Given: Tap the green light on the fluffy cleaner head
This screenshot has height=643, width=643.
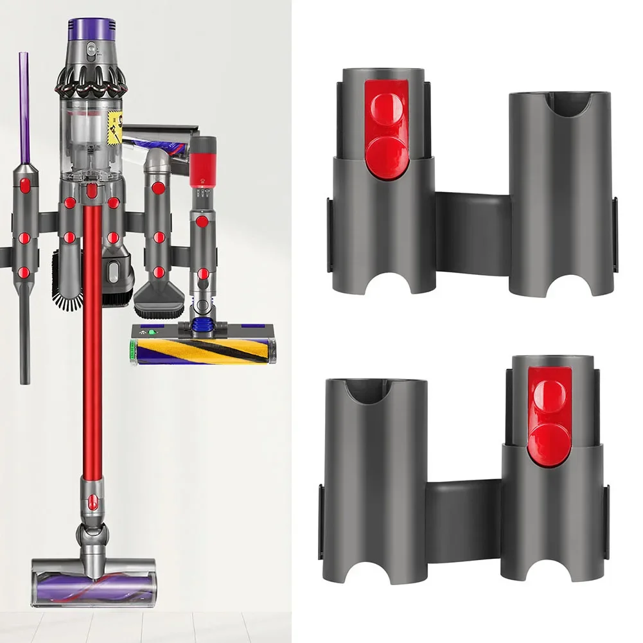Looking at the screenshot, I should click(x=153, y=333).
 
